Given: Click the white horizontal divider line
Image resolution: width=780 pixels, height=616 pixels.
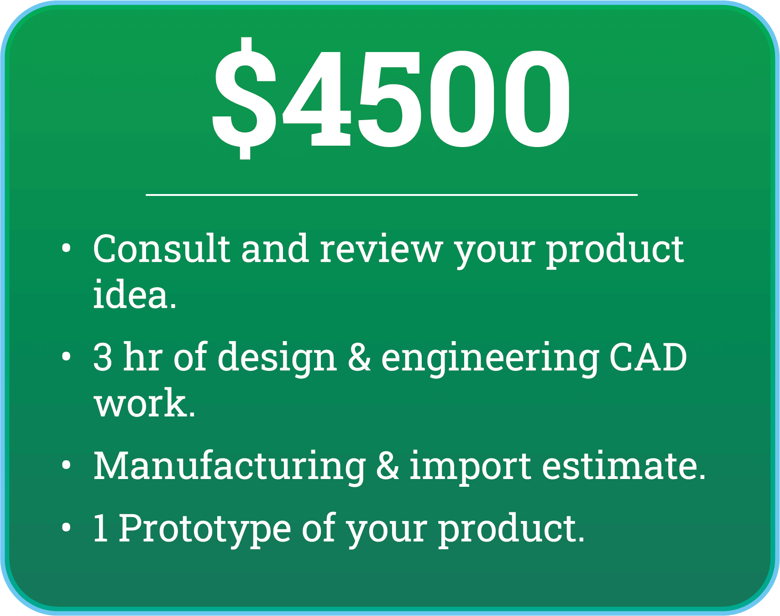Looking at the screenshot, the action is (x=392, y=195).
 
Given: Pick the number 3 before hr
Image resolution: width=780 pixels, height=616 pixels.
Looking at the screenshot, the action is (x=103, y=357).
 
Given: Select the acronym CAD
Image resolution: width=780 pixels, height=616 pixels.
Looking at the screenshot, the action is (x=648, y=357).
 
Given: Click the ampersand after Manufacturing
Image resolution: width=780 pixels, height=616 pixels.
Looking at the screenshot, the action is (x=387, y=465).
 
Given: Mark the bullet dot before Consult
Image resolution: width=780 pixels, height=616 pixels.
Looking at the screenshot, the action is (x=67, y=248).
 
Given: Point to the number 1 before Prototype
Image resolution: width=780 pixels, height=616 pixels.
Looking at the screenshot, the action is (x=100, y=528).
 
